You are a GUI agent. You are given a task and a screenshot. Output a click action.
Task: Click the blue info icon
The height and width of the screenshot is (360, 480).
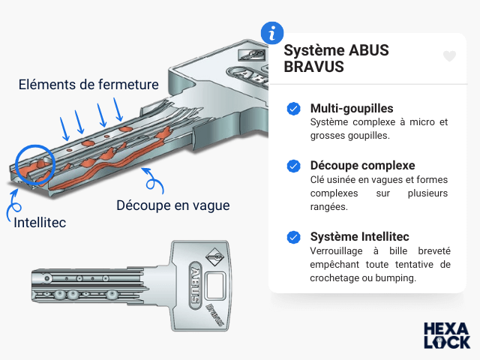tap(272, 34)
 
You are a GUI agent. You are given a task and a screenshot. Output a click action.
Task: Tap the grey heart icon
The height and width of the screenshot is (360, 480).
tap(449, 56)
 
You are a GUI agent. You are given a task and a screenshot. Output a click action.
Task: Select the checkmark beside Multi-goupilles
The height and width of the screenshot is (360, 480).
tap(293, 109)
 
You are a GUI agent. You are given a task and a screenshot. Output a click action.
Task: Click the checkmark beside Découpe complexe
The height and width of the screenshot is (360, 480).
tap(293, 166)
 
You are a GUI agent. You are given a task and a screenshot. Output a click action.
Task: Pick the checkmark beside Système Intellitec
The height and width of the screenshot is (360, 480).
tap(293, 238)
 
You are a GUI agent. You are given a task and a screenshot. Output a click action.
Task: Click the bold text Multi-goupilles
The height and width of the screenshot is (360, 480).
tap(351, 109)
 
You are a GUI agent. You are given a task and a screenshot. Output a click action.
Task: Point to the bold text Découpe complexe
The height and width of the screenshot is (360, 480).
tap(362, 165)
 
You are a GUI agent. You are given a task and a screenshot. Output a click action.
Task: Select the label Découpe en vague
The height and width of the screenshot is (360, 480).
tap(173, 205)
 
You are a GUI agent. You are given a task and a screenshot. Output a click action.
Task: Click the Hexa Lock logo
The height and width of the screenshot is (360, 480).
tap(447, 335)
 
